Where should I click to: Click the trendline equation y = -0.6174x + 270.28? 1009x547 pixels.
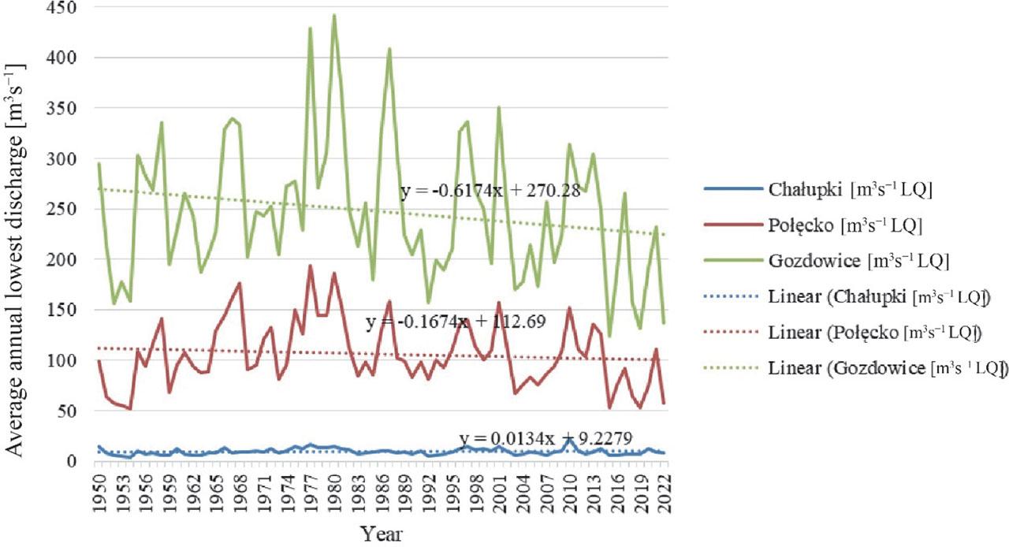pos(490,192)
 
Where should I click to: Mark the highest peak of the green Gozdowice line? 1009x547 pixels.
pos(334,15)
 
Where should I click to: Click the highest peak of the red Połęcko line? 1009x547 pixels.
pos(311,266)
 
